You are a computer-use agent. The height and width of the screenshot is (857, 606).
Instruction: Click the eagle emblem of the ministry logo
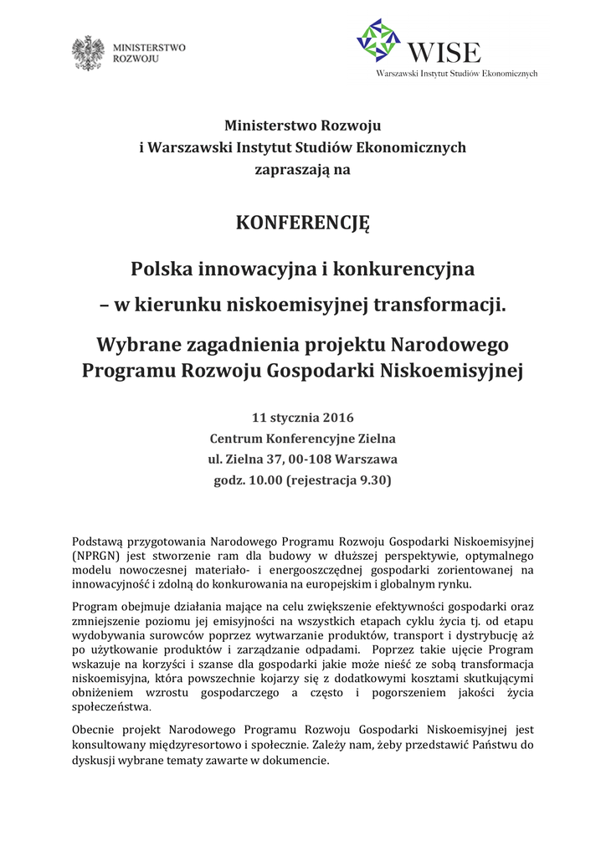(88, 53)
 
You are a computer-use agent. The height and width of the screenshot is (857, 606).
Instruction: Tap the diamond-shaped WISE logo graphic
(378, 39)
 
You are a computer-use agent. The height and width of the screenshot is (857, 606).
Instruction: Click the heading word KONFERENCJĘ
(302, 223)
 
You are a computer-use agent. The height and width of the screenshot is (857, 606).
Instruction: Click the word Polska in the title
(162, 269)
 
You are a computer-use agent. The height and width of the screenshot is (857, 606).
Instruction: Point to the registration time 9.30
(372, 481)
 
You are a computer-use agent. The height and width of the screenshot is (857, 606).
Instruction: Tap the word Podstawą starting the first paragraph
(99, 541)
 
